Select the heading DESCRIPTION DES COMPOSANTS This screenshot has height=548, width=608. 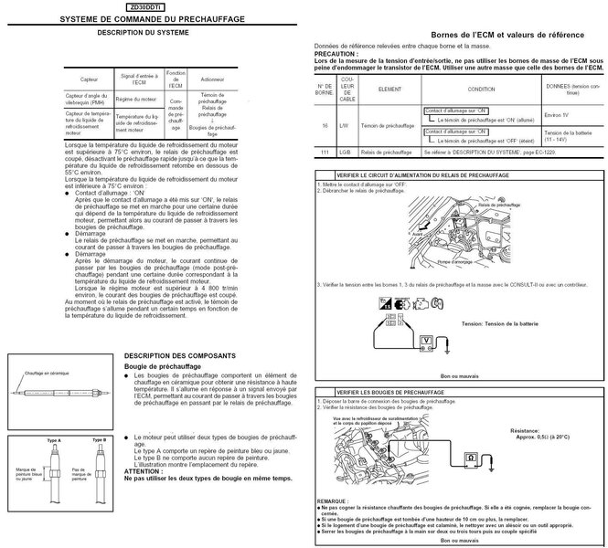(x=180, y=353)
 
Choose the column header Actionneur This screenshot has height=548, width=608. (x=213, y=79)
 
